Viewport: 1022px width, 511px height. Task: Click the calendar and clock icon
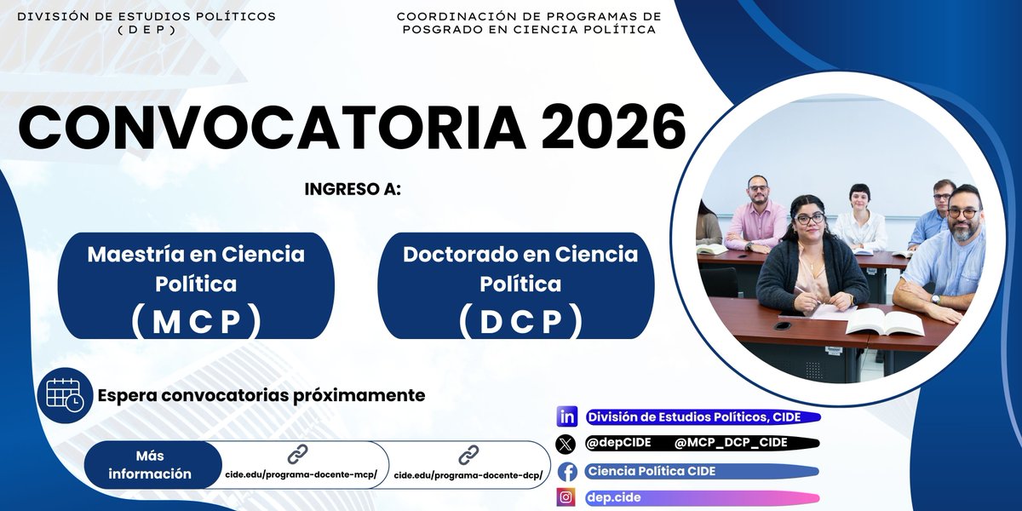pyautogui.click(x=65, y=394)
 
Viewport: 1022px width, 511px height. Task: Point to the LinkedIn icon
pyautogui.click(x=566, y=417)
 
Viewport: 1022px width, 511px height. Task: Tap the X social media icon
pyautogui.click(x=566, y=444)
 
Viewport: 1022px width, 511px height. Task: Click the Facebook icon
pyautogui.click(x=566, y=472)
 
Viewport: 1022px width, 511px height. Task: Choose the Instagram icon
pyautogui.click(x=566, y=497)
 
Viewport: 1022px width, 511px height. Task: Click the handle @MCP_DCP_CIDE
pyautogui.click(x=731, y=443)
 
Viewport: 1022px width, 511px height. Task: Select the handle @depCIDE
pyautogui.click(x=619, y=443)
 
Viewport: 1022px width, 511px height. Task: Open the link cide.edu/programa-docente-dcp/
pyautogui.click(x=468, y=474)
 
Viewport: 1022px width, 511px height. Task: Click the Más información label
pyautogui.click(x=150, y=465)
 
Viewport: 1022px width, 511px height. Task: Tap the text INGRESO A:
pyautogui.click(x=353, y=189)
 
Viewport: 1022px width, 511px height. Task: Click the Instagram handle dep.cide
pyautogui.click(x=613, y=497)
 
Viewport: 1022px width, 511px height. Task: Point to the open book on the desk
pyautogui.click(x=884, y=321)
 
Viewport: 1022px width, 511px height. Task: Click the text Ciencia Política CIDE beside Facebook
pyautogui.click(x=652, y=471)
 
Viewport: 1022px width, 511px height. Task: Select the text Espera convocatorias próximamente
pyautogui.click(x=261, y=396)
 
